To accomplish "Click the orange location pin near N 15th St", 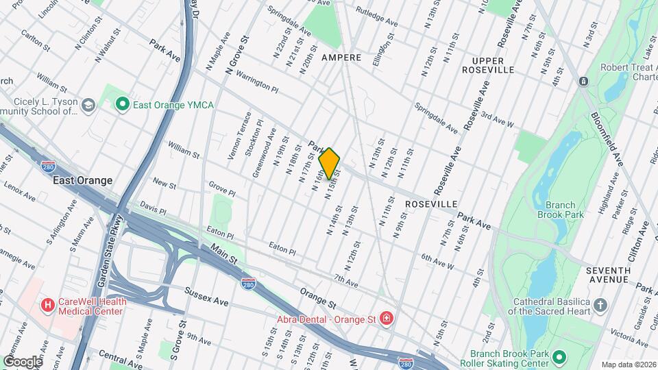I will pyautogui.click(x=329, y=162).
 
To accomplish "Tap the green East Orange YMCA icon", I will pyautogui.click(x=123, y=105).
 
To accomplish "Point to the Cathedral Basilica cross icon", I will pyautogui.click(x=600, y=305).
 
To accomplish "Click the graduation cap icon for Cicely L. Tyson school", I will pyautogui.click(x=88, y=105).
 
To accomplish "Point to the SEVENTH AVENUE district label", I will pyautogui.click(x=609, y=275).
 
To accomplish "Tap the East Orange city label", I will pyautogui.click(x=82, y=180).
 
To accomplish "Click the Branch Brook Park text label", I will pyautogui.click(x=565, y=210).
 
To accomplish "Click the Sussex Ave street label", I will pyautogui.click(x=206, y=297).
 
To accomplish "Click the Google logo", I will pyautogui.click(x=22, y=361).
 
